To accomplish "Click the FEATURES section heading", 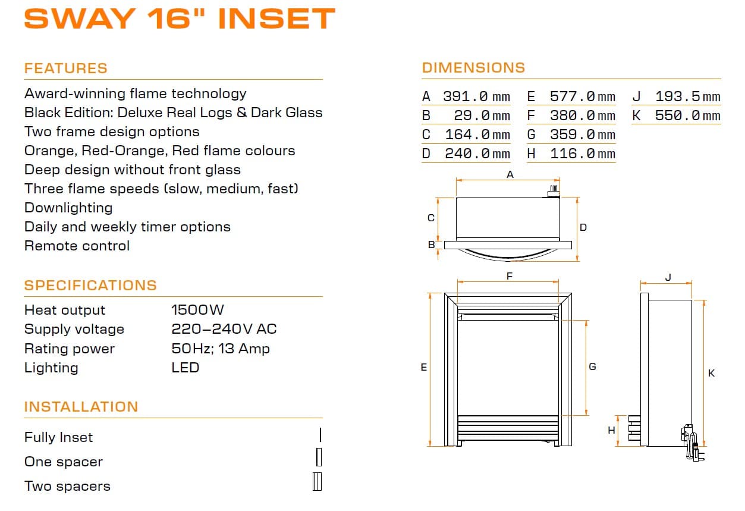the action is (x=66, y=68).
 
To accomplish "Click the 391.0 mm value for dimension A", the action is (x=476, y=96).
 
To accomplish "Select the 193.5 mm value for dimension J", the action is (x=687, y=96).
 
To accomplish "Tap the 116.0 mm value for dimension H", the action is (x=582, y=153).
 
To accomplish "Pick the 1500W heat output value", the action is (x=197, y=310).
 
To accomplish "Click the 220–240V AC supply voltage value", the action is (x=224, y=329).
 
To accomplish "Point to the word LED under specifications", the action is (x=186, y=368).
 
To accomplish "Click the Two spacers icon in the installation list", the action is (x=318, y=481).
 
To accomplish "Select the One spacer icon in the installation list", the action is (x=319, y=457).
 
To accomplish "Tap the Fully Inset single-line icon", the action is (x=320, y=434).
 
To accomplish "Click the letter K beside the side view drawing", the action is (x=712, y=373).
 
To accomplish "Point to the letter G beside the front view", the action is (x=592, y=366).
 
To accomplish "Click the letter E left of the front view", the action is (x=424, y=367).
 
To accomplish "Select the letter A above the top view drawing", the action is (x=510, y=174).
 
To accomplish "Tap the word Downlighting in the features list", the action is (x=68, y=208).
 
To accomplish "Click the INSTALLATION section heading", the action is (x=81, y=407).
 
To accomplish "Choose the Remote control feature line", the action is (x=77, y=246).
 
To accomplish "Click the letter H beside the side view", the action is (x=611, y=430).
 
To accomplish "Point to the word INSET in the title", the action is (x=276, y=18).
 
